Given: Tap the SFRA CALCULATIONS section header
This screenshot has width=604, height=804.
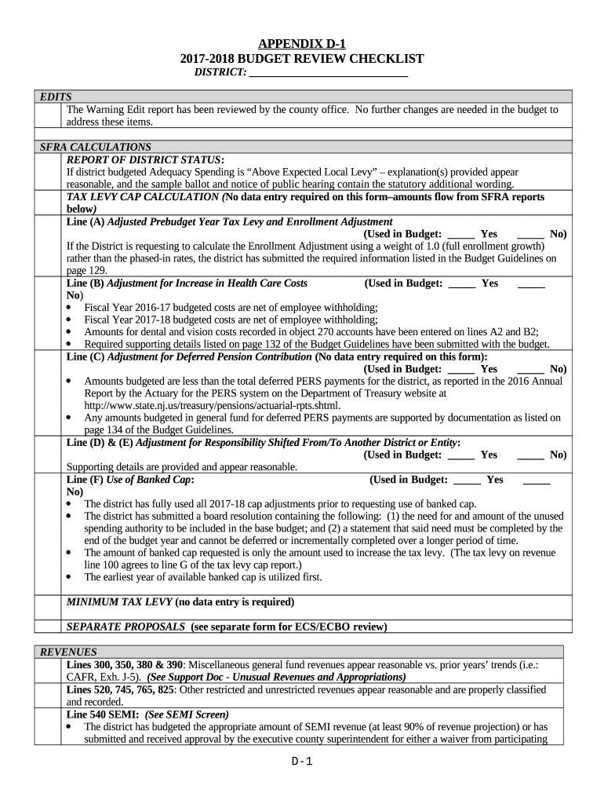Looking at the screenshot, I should click(x=96, y=147).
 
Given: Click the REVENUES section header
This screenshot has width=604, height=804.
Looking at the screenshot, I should click(x=69, y=652).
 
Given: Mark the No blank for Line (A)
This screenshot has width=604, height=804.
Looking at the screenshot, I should click(x=530, y=234).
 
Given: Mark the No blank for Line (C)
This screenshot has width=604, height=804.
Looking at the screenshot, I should click(x=530, y=369).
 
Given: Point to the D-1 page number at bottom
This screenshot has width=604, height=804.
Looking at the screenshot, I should click(x=302, y=761).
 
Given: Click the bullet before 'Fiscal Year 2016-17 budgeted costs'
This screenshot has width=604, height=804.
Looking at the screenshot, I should click(x=72, y=309).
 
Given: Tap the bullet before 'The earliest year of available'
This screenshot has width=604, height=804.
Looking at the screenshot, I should click(x=72, y=578).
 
